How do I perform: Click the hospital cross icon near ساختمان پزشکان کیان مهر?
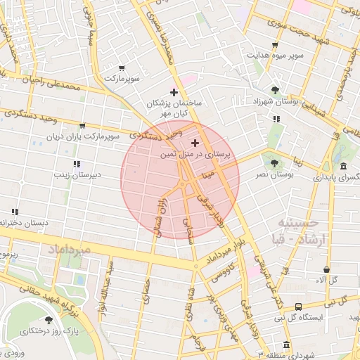174,92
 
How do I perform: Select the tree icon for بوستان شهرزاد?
274,90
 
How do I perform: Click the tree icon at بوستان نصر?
274,163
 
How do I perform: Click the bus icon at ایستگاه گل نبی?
299,307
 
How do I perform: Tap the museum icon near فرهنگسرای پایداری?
342,167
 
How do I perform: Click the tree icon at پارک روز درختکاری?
49,321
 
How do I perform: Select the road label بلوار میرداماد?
225,256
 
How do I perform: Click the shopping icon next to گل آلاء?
327,269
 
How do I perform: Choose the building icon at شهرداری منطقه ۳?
286,345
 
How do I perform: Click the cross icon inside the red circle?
195,143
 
